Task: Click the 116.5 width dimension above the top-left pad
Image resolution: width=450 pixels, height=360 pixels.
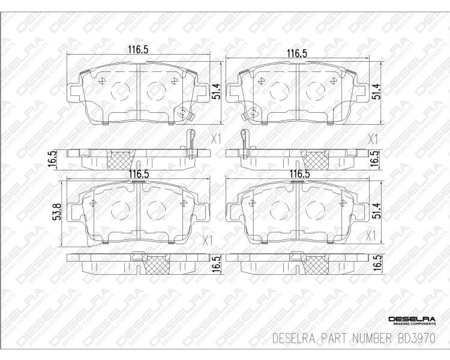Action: (138, 50)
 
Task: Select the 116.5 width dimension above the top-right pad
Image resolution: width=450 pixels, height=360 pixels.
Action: (298, 53)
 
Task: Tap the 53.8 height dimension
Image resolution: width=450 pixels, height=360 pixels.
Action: (58, 212)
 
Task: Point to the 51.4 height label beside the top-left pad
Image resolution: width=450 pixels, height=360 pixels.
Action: (217, 91)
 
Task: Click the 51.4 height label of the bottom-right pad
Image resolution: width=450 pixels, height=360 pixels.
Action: (377, 211)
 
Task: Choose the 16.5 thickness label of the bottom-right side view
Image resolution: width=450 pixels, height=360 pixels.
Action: (377, 261)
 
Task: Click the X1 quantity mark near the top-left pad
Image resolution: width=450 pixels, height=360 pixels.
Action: (216, 140)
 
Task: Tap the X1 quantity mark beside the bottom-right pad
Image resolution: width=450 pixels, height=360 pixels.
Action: (371, 236)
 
